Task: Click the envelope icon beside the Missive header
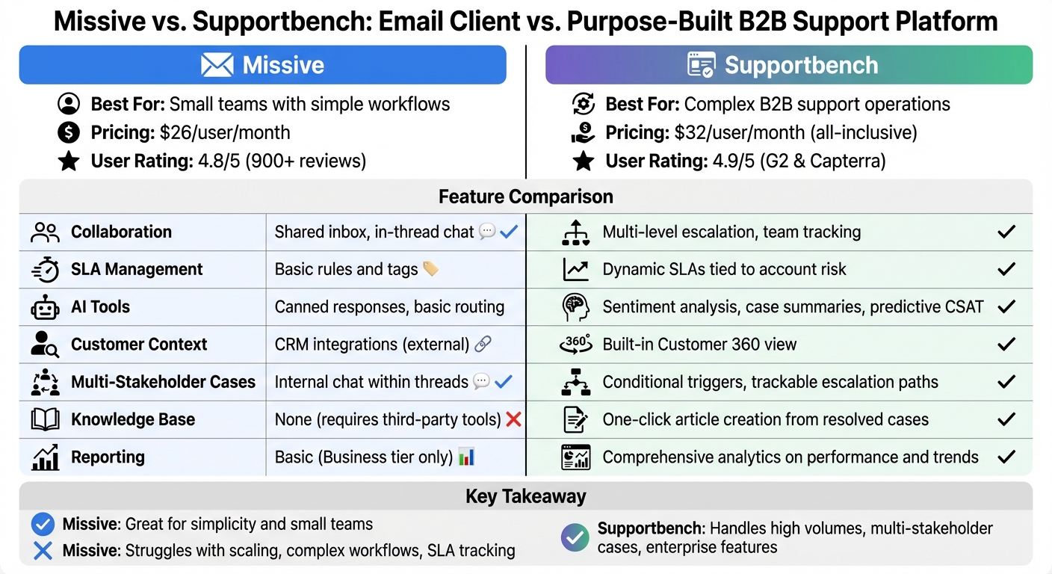point(217,65)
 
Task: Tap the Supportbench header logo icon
point(702,65)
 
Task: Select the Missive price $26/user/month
point(225,133)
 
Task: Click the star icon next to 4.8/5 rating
point(69,161)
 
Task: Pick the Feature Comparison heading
point(525,197)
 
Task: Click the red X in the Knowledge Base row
point(513,419)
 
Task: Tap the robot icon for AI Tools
point(45,307)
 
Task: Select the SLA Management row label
point(137,269)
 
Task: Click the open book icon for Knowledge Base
point(45,419)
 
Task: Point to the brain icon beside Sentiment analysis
point(575,307)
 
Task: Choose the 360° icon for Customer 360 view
point(575,345)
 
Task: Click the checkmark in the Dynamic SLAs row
point(1006,269)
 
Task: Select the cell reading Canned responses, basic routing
point(389,307)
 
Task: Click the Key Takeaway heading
point(525,496)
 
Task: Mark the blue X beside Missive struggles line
point(43,551)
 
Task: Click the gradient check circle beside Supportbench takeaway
point(574,537)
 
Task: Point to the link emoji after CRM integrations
point(483,345)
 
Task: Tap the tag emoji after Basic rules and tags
point(430,269)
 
